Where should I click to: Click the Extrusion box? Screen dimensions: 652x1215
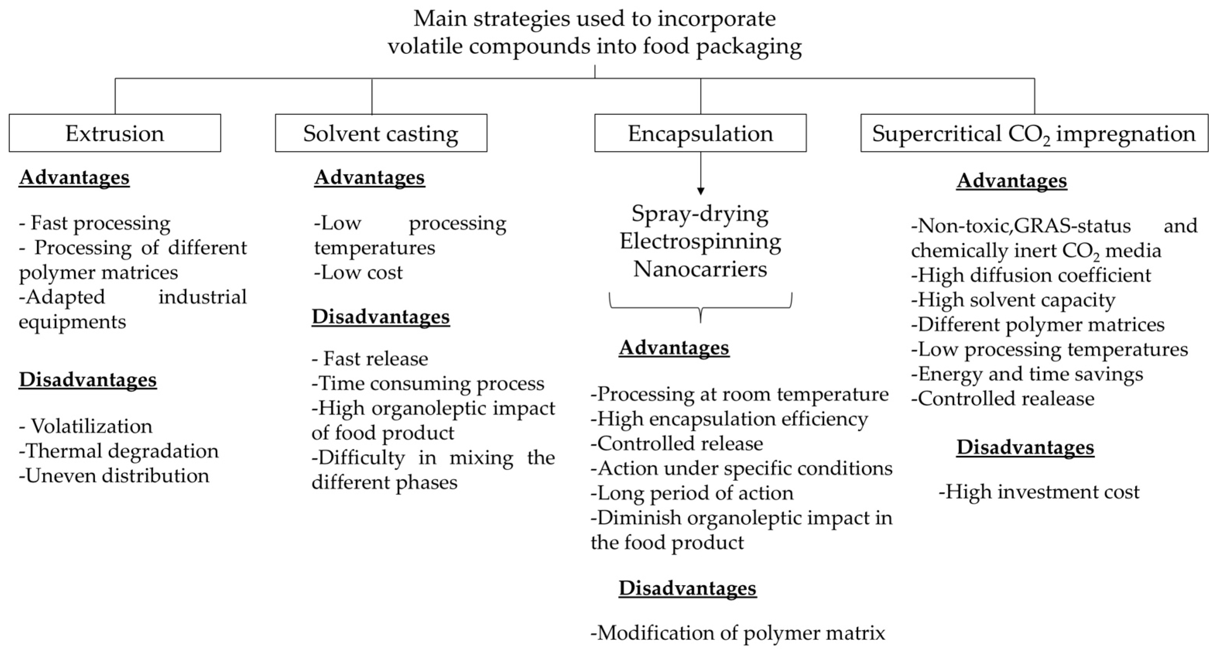tap(115, 133)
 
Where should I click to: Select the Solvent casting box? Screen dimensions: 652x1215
tap(381, 133)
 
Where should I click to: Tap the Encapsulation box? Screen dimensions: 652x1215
tap(700, 133)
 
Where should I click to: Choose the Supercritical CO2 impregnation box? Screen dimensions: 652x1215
tap(1034, 133)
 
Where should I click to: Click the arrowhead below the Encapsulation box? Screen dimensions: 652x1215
tap(700, 191)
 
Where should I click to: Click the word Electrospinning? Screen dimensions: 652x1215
tap(700, 242)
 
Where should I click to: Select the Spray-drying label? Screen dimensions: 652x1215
tap(700, 214)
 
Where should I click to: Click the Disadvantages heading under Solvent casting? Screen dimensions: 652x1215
tap(381, 317)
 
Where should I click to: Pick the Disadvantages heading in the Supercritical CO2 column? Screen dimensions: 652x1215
tap(1025, 447)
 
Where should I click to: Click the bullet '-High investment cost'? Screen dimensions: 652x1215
tap(1039, 492)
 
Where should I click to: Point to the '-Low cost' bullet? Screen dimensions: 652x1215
tap(358, 272)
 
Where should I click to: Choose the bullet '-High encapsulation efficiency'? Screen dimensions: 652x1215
tap(729, 419)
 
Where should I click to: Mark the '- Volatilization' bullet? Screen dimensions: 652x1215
tap(86, 426)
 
